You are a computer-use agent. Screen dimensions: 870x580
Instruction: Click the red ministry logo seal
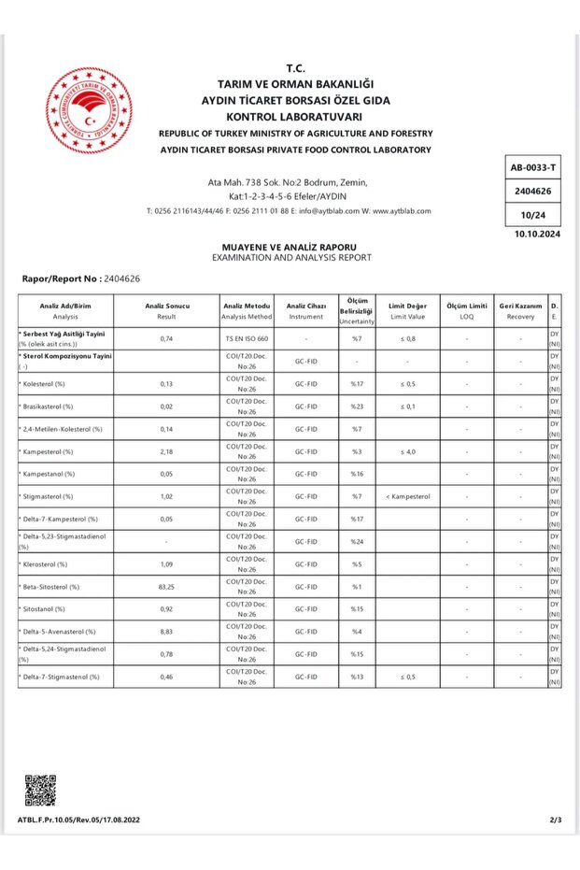click(x=89, y=110)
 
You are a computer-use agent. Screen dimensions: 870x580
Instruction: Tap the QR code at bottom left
click(x=40, y=790)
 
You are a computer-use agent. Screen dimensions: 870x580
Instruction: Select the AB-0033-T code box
click(x=533, y=168)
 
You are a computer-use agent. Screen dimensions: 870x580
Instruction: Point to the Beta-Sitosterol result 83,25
click(x=167, y=586)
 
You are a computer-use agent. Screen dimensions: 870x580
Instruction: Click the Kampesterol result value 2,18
click(x=167, y=451)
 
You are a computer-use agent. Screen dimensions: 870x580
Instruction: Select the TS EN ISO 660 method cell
click(x=247, y=338)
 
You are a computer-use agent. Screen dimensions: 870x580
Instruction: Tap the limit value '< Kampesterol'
click(x=407, y=496)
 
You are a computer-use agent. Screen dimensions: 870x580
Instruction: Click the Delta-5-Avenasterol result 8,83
click(x=167, y=631)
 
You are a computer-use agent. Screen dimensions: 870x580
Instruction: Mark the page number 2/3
click(x=556, y=820)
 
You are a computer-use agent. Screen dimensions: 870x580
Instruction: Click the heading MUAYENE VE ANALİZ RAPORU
click(x=291, y=247)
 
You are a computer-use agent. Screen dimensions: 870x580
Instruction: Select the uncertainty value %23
click(x=356, y=406)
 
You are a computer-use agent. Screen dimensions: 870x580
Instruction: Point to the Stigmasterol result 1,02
click(x=167, y=496)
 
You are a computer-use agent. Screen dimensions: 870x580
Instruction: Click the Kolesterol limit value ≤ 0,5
click(x=407, y=384)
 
